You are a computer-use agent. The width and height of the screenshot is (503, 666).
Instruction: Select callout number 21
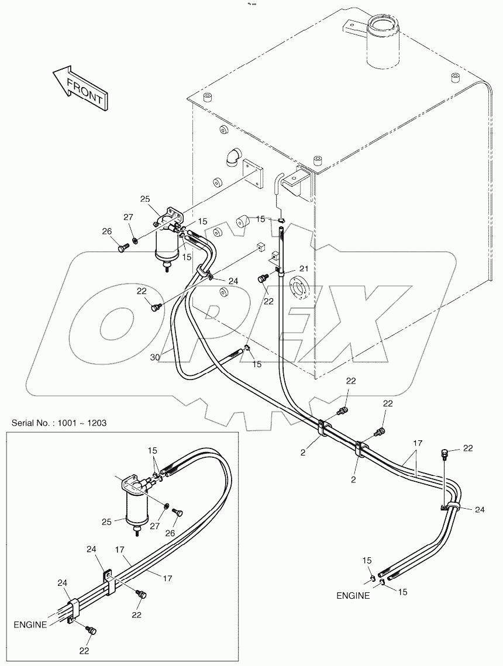(x=304, y=268)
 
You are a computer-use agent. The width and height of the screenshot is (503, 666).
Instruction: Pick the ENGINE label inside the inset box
(x=30, y=624)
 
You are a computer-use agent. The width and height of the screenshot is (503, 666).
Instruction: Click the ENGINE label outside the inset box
(x=353, y=596)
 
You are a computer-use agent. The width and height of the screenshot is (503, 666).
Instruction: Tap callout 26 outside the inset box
(x=107, y=232)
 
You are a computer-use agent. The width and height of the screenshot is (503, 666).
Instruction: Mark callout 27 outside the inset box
(x=128, y=218)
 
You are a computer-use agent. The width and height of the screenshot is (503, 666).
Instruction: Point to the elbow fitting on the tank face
(x=229, y=158)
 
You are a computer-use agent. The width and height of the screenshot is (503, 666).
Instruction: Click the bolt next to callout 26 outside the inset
(x=122, y=248)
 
